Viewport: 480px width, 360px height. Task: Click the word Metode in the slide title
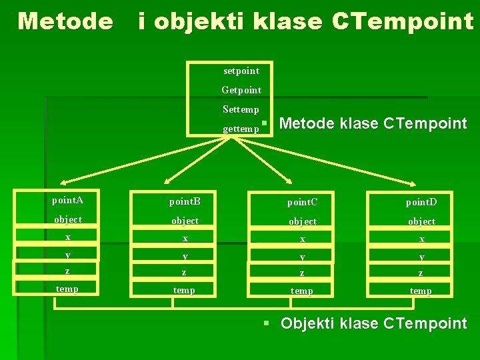[x=65, y=21]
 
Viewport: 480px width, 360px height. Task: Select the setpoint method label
[x=241, y=71]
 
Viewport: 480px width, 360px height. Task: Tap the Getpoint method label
[x=241, y=89]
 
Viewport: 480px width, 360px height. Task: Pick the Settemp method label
[x=241, y=109]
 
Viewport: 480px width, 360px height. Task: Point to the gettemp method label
[x=241, y=129]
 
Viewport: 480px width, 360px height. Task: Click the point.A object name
[x=68, y=200]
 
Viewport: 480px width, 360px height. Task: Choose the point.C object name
[x=303, y=201]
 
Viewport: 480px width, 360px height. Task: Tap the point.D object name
[x=421, y=201]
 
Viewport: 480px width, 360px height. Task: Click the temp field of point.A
[x=67, y=289]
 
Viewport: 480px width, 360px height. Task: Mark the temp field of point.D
[x=421, y=291]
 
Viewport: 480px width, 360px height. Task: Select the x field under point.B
[x=185, y=239]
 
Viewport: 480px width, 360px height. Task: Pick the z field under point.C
[x=303, y=273]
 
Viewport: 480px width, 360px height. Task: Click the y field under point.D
[x=421, y=257]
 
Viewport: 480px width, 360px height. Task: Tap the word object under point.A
[x=68, y=219]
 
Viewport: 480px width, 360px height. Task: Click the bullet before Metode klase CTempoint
[x=265, y=123]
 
